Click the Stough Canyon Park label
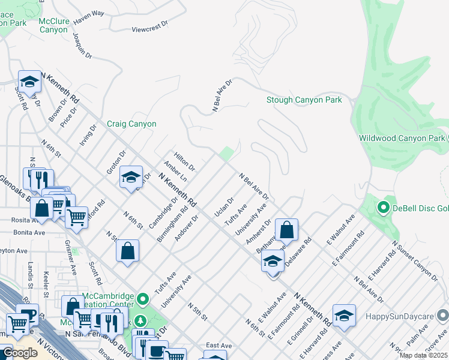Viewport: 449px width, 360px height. click(x=304, y=100)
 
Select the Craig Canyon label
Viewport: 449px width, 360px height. click(x=131, y=124)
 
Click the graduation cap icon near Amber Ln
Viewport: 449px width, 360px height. click(x=131, y=177)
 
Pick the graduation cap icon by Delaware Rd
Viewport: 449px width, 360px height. click(x=273, y=261)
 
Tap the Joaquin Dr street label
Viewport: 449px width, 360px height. click(x=82, y=46)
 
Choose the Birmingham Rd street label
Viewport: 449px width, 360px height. click(x=172, y=225)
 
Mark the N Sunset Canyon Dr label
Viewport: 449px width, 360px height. click(x=415, y=261)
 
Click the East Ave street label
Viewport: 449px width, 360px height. click(x=218, y=346)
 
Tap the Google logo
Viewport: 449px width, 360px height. click(x=20, y=353)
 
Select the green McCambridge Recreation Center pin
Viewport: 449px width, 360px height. click(x=143, y=298)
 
